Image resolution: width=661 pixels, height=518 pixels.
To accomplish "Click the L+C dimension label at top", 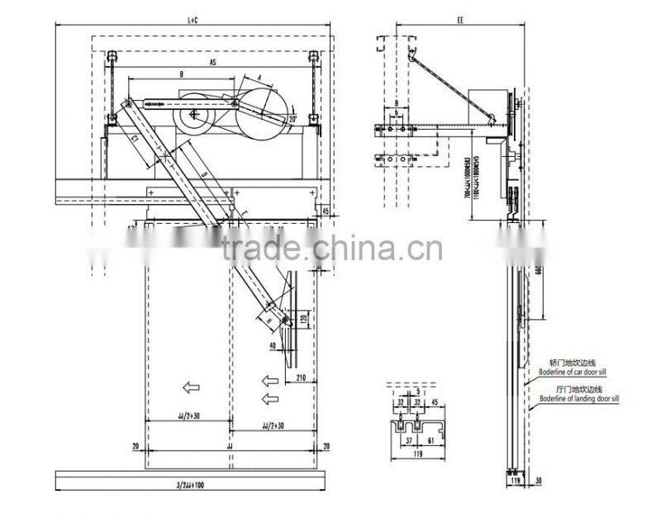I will click(x=193, y=17).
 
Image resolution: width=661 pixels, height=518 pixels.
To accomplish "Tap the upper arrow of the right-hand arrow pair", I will click(x=269, y=380).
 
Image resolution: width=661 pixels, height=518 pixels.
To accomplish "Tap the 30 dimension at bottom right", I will click(x=538, y=478).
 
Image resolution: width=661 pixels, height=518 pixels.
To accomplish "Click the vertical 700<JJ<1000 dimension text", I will click(x=468, y=173).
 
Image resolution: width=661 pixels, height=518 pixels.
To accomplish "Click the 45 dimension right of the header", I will click(x=326, y=211).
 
